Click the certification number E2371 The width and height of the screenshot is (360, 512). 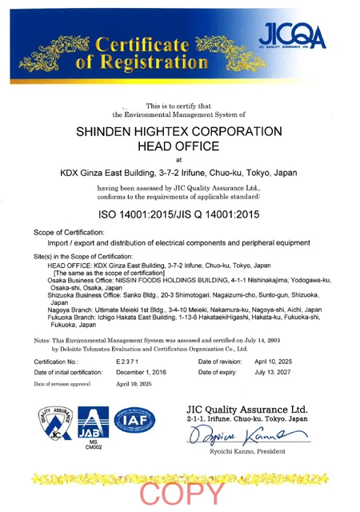coord(130,362)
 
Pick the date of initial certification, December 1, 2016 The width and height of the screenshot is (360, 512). coord(142,373)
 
